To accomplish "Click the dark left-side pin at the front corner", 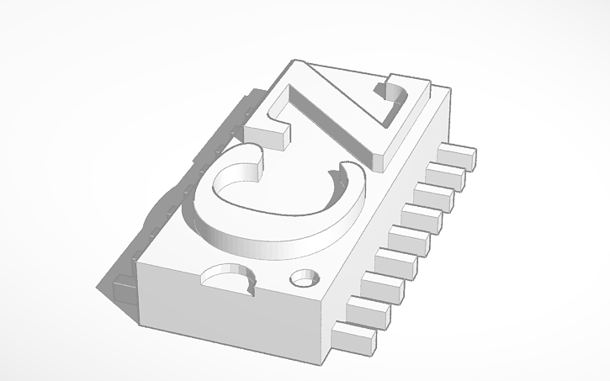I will coord(118,286).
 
